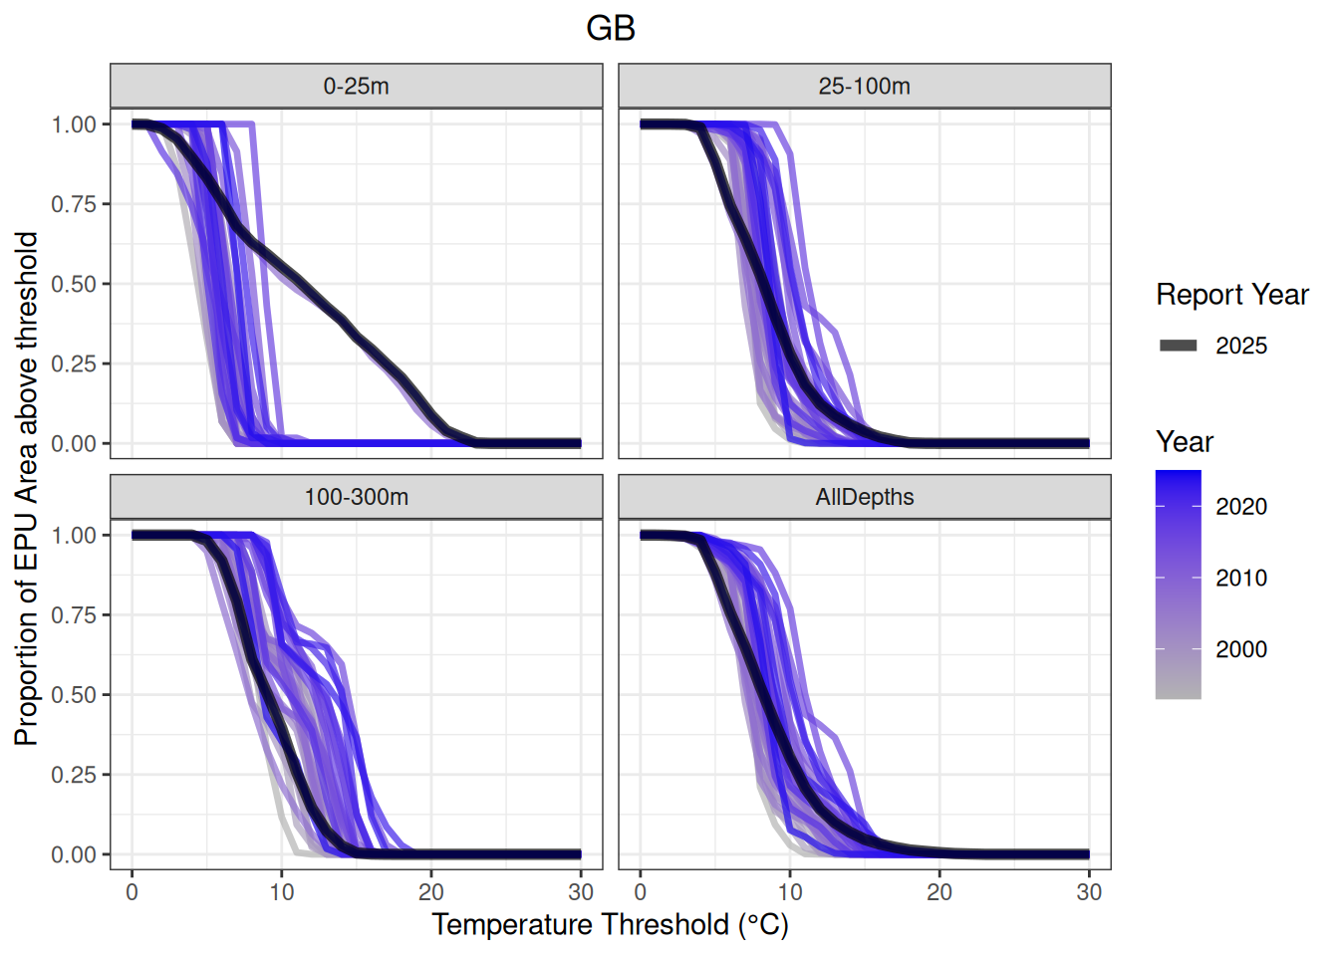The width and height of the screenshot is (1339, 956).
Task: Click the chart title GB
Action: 611,28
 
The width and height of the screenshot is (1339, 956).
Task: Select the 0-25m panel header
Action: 356,87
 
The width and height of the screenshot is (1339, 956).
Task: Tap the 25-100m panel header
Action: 864,87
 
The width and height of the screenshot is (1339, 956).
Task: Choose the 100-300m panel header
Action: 356,497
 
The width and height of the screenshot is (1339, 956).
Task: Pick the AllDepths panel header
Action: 864,497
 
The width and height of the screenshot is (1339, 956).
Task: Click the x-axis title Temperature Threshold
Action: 610,925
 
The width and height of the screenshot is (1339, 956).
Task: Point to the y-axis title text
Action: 27,488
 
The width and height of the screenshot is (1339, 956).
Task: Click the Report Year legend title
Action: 1231,295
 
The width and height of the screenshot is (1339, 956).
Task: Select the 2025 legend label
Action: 1241,347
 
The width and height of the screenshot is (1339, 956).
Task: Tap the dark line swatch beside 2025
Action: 1179,347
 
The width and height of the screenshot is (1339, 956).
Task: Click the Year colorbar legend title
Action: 1185,442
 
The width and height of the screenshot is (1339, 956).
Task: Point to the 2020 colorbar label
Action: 1241,507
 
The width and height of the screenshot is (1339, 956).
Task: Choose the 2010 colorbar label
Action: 1241,579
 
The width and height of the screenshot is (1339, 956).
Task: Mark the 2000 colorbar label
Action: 1241,650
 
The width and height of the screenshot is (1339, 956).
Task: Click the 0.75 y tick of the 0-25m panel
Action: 74,204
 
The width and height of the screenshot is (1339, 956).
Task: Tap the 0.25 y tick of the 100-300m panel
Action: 74,775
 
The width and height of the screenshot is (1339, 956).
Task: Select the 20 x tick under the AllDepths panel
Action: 939,892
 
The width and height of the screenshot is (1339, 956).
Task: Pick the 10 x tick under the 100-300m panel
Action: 282,892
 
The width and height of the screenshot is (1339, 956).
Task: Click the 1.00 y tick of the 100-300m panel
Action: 74,536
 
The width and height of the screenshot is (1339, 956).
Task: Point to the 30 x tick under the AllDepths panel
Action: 1089,892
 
